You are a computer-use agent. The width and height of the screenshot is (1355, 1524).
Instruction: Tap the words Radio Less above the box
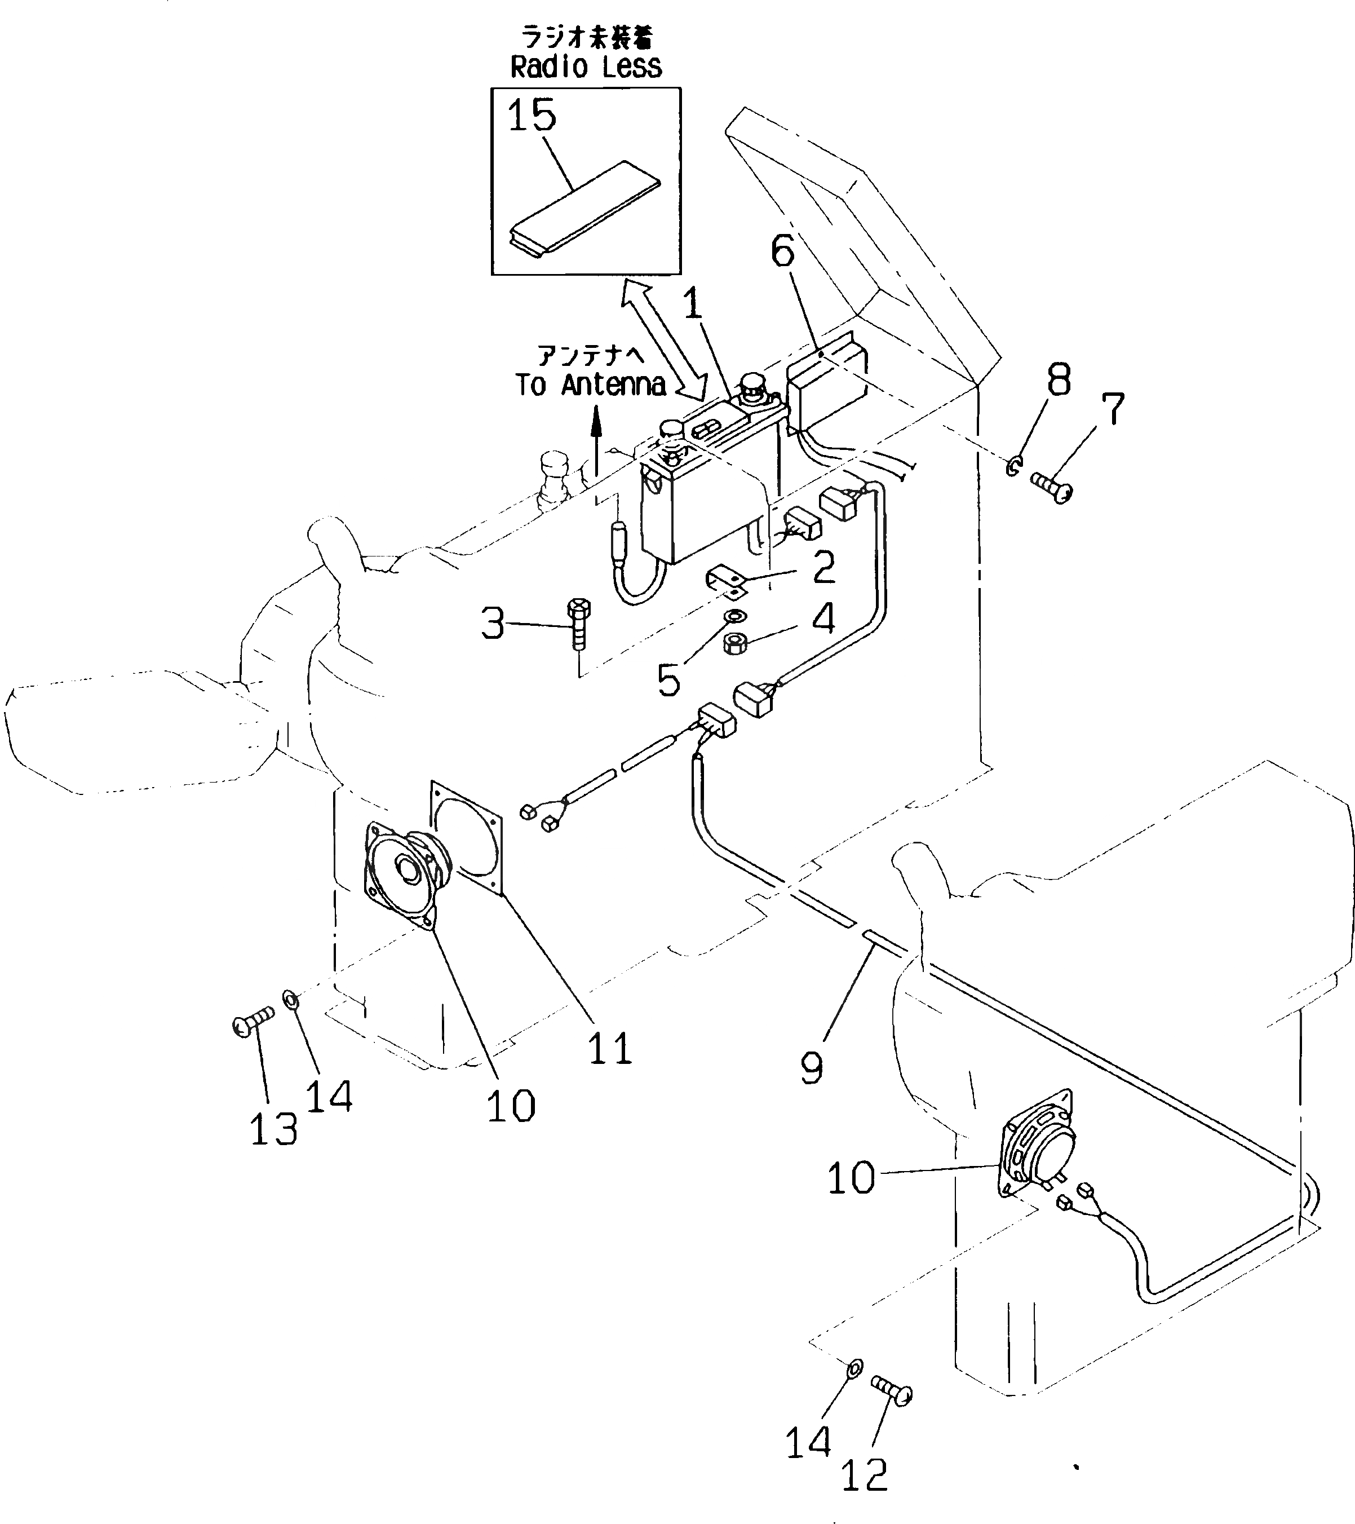(x=586, y=67)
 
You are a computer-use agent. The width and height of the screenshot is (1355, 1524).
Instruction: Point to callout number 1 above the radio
(x=693, y=304)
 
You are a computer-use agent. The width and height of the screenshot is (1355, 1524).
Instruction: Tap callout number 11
(x=610, y=1048)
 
